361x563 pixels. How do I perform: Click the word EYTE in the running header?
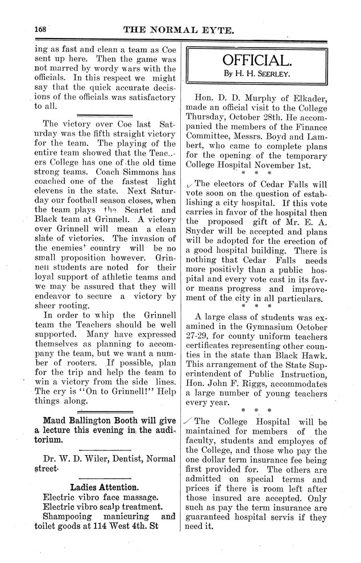215,31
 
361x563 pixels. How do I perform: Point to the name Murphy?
252,96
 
